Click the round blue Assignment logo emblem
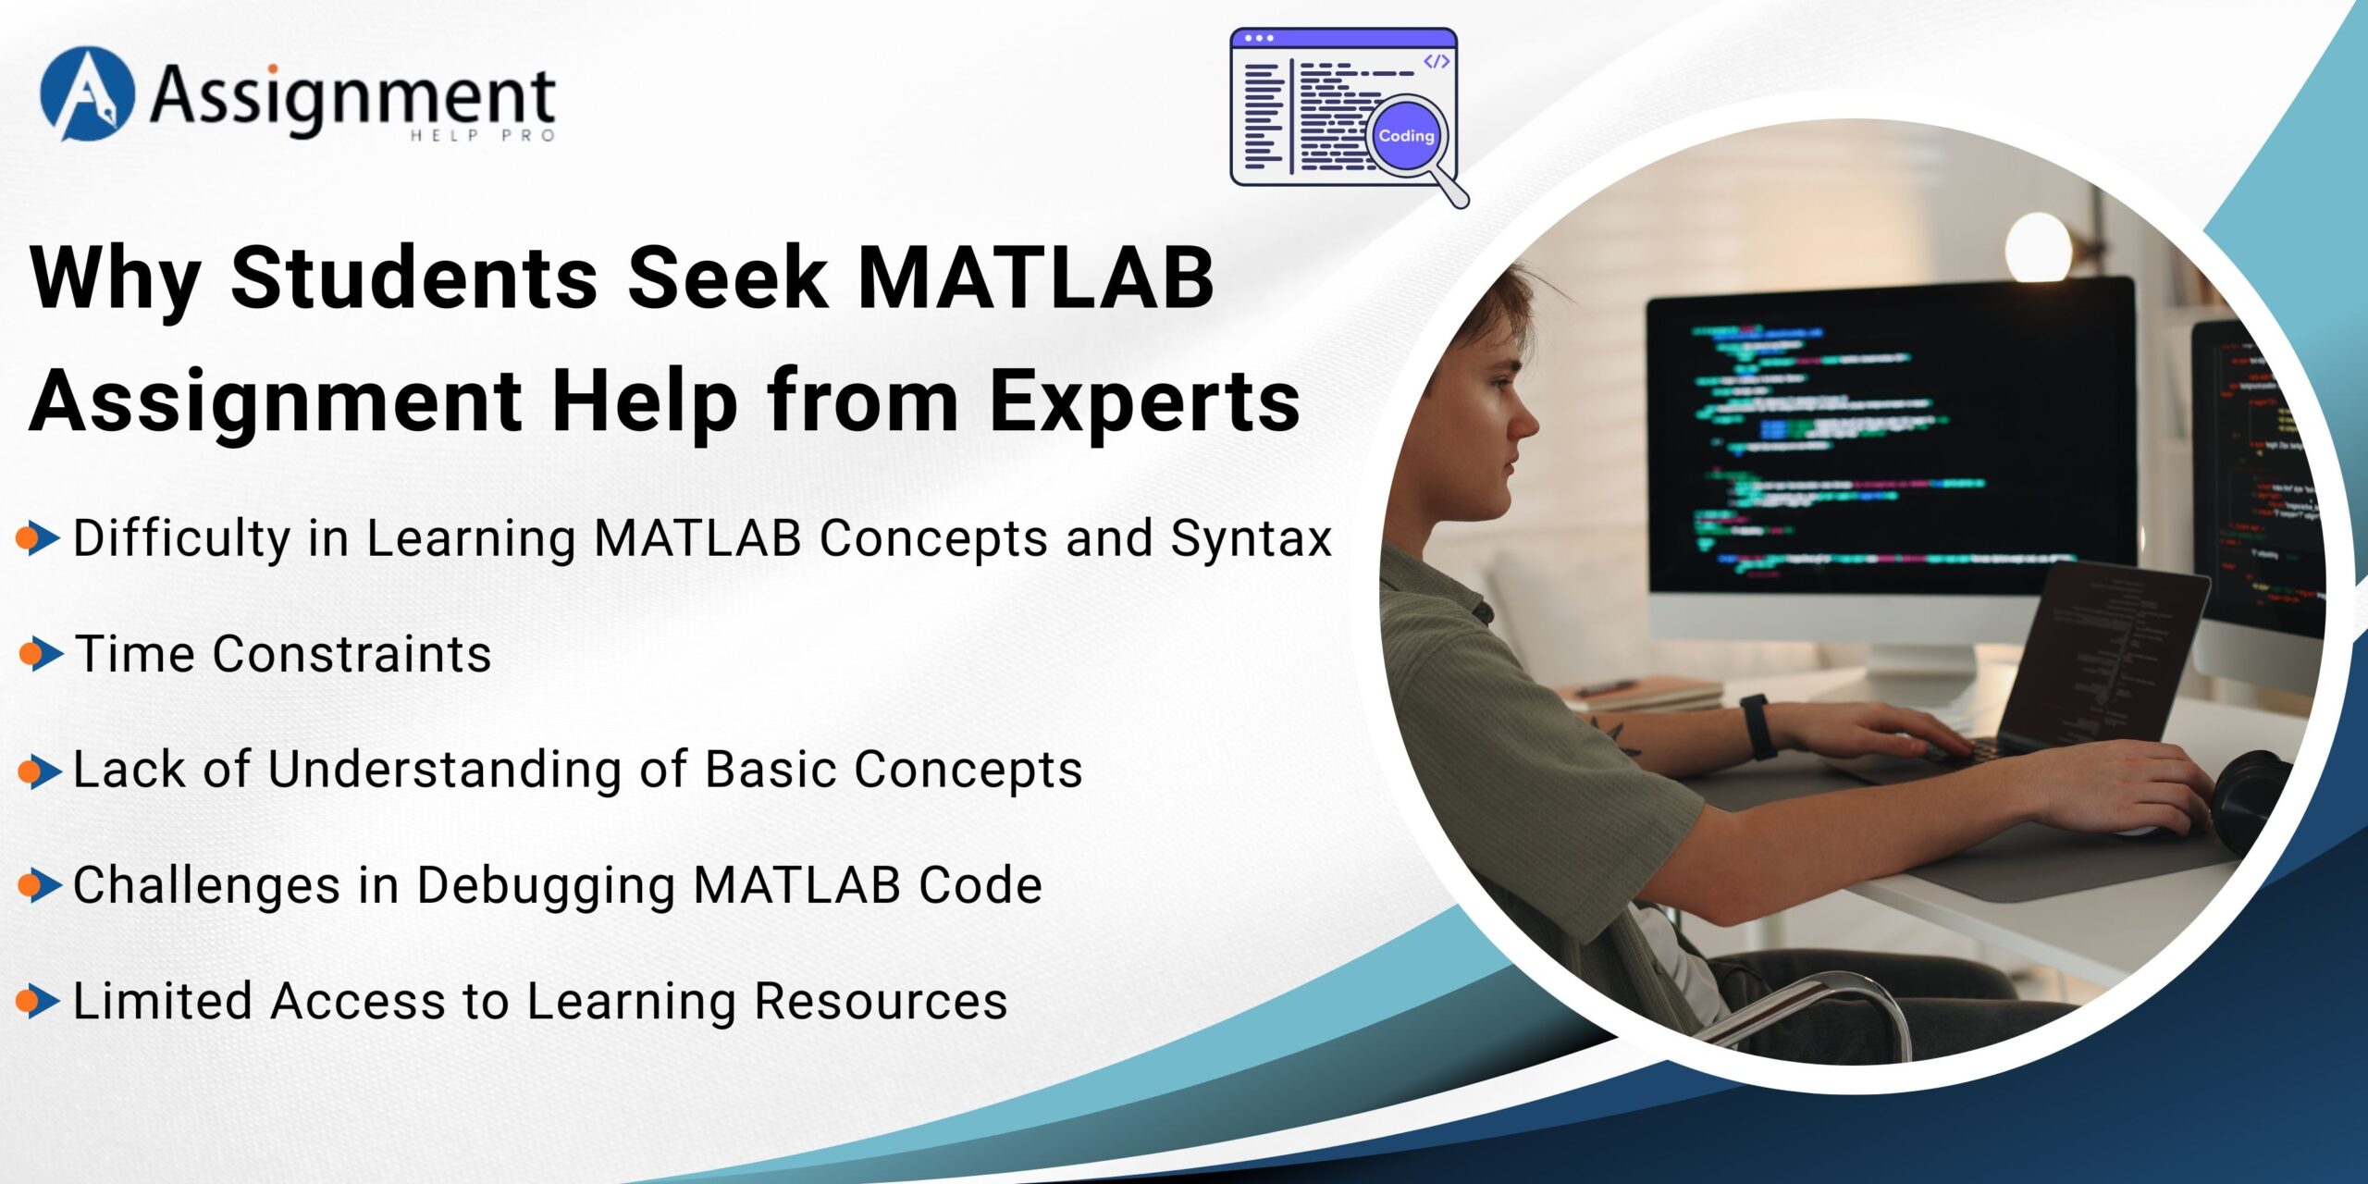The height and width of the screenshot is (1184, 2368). tap(87, 93)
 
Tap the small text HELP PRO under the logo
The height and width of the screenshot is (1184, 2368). tap(482, 136)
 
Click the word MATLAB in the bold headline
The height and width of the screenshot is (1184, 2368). tap(1035, 277)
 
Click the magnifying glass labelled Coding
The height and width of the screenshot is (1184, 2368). tap(1407, 137)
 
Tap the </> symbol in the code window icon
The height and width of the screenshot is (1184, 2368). tap(1436, 61)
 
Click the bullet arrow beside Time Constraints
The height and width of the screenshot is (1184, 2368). tap(40, 654)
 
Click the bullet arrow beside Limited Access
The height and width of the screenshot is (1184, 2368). tap(38, 1001)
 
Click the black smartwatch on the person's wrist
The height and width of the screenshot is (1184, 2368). tap(1758, 727)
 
